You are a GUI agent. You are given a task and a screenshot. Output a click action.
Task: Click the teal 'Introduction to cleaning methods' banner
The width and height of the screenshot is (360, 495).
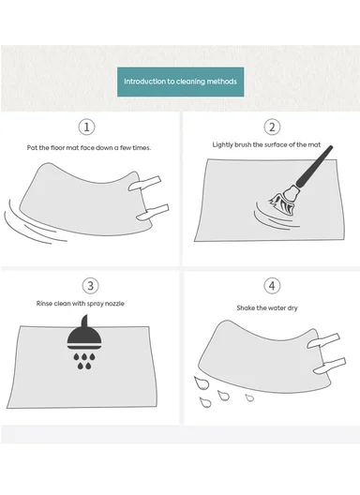[x=180, y=82]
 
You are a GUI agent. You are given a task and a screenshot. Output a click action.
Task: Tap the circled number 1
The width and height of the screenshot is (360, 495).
[x=86, y=127]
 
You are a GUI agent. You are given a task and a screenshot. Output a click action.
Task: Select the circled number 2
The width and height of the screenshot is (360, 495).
[x=272, y=127]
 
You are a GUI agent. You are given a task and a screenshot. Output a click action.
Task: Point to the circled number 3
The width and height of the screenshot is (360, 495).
[x=90, y=286]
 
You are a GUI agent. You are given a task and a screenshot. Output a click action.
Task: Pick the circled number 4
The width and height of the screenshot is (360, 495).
[x=272, y=286]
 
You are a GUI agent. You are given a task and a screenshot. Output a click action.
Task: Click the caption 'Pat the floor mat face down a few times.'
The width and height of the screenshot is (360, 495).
[x=89, y=148]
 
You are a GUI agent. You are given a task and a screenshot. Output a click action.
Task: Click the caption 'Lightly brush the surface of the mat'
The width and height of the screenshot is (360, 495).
[x=266, y=145]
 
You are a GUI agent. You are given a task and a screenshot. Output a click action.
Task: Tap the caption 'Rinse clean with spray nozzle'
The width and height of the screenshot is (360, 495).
[x=81, y=304]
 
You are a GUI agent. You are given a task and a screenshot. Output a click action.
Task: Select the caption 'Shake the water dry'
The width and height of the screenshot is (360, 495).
[x=267, y=307]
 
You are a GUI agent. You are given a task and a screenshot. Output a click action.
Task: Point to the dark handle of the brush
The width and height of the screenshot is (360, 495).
[x=314, y=166]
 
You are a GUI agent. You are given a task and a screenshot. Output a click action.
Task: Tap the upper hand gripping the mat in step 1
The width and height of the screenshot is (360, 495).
[x=144, y=184]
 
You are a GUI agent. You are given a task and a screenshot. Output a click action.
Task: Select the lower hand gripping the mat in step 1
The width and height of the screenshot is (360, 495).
[x=153, y=212]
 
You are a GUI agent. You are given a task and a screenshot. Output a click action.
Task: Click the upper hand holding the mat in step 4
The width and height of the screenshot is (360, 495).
[x=323, y=340]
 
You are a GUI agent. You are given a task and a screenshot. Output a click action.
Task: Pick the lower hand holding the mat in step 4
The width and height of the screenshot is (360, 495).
[x=330, y=366]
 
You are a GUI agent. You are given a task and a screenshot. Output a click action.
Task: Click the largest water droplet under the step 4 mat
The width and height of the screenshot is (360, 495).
[x=202, y=382]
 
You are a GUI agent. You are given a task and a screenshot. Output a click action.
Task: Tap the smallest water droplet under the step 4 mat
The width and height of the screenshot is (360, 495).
[x=249, y=397]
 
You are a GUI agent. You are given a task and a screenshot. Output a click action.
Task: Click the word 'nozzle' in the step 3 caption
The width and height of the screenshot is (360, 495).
[x=114, y=304]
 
